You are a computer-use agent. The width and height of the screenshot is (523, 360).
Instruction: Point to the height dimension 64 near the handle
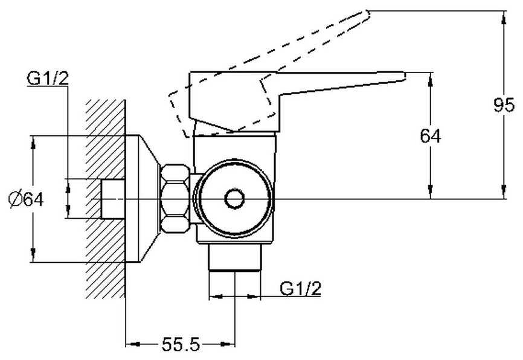click(431, 136)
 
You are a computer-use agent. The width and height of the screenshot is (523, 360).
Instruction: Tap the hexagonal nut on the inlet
click(175, 199)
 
